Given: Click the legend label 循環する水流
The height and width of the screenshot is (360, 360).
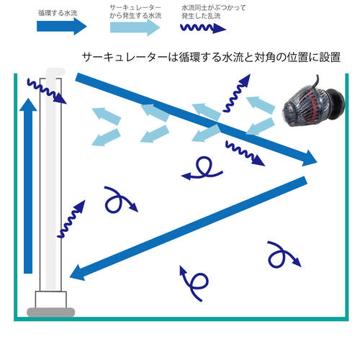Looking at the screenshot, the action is [x=58, y=13].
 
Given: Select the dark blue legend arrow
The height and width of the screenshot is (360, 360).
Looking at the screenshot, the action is [x=61, y=26].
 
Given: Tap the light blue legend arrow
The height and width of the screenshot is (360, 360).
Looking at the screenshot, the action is [x=135, y=27].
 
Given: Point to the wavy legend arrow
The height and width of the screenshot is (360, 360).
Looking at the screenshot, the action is [x=203, y=28].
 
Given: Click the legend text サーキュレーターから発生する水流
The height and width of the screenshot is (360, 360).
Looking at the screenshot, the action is [x=135, y=12].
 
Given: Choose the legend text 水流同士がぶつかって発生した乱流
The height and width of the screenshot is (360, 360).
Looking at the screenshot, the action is [x=214, y=12].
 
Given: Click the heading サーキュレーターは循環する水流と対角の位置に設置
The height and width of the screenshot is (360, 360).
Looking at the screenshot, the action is [x=211, y=58].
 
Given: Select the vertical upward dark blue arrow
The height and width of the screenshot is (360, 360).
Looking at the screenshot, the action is [x=28, y=186].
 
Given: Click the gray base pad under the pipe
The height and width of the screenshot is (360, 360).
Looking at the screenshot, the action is [x=51, y=312].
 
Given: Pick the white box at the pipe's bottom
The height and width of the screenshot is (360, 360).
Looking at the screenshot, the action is [x=51, y=300].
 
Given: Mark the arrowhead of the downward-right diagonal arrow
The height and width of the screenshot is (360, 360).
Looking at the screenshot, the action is [x=310, y=158].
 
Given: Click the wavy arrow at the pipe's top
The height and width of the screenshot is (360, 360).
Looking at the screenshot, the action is [x=47, y=91].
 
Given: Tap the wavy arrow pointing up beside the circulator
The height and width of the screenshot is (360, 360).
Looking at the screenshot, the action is [x=236, y=93].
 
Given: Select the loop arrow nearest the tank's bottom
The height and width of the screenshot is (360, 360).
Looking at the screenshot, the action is [x=194, y=283].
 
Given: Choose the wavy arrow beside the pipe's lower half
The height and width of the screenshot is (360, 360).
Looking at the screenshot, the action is [x=71, y=219].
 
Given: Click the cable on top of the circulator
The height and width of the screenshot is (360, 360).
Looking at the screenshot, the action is [x=316, y=81].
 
